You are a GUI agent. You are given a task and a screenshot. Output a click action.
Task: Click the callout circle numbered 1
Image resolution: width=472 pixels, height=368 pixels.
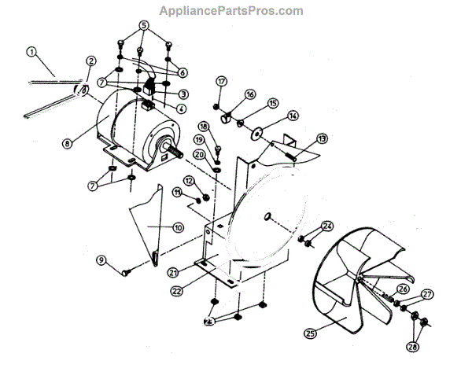tap(32, 53)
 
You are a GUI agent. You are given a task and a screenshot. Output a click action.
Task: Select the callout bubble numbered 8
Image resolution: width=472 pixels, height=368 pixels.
tap(68, 144)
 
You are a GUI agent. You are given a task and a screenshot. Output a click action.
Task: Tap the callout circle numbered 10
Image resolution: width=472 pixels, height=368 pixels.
tap(178, 227)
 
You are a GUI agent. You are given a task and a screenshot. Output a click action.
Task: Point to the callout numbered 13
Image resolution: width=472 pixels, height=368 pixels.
tap(321, 139)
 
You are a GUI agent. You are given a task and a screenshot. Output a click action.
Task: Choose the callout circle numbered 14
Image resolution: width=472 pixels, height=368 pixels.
tap(293, 115)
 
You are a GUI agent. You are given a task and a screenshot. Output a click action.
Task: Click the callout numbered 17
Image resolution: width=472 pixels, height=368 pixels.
tap(221, 81)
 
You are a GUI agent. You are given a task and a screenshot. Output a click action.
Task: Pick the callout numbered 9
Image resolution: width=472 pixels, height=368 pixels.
tap(101, 260)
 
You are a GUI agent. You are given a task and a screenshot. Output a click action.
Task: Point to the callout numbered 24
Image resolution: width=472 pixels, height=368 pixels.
tap(327, 226)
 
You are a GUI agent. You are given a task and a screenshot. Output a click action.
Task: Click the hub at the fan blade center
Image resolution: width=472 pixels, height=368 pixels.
tap(360, 280)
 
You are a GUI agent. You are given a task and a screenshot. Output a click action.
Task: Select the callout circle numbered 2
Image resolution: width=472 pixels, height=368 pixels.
tap(91, 61)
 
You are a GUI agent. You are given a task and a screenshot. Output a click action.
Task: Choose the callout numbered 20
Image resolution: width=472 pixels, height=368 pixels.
tap(199, 155)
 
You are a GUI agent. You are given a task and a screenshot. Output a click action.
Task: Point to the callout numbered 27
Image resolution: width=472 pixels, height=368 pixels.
tap(427, 295)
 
